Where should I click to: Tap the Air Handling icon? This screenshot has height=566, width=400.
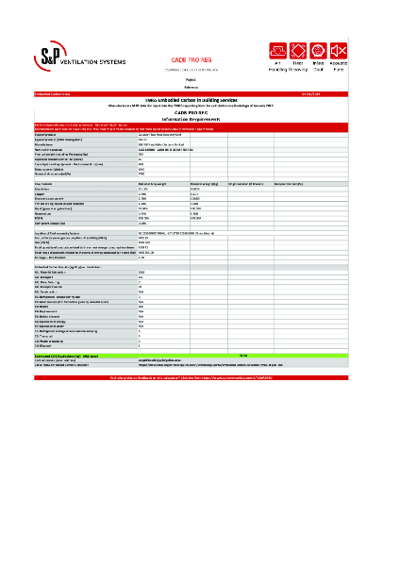pos(278,49)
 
